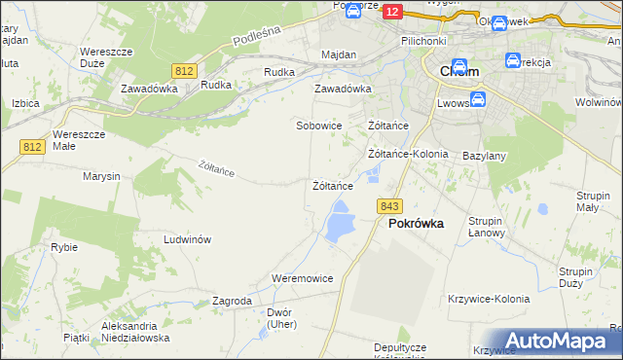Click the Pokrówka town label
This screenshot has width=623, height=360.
click(x=416, y=223)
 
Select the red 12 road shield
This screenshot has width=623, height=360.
click(x=391, y=11)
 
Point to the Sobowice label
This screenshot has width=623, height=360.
click(x=318, y=126)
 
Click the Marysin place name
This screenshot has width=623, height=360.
click(x=101, y=176)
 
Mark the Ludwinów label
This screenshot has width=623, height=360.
click(x=188, y=239)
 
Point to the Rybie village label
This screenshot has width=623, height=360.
click(x=64, y=247)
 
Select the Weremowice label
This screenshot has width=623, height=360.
click(x=303, y=278)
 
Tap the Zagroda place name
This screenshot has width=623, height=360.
click(x=232, y=302)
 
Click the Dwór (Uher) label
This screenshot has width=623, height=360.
click(x=279, y=318)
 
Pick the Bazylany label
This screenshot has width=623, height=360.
click(x=484, y=156)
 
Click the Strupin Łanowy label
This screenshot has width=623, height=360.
click(x=485, y=227)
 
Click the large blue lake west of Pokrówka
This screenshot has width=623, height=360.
click(x=339, y=225)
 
